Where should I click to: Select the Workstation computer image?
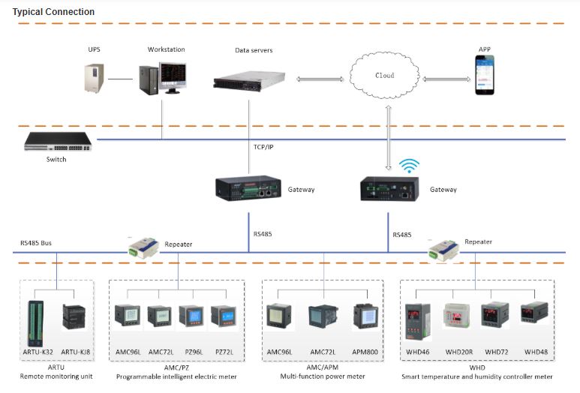click(x=163, y=78)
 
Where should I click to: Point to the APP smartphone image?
click(x=485, y=77)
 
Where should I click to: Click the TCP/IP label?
click(x=263, y=147)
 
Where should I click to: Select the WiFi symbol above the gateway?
click(x=409, y=165)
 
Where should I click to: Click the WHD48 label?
click(x=536, y=351)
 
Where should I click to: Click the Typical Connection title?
click(x=54, y=12)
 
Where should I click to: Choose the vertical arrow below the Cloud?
click(x=389, y=136)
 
